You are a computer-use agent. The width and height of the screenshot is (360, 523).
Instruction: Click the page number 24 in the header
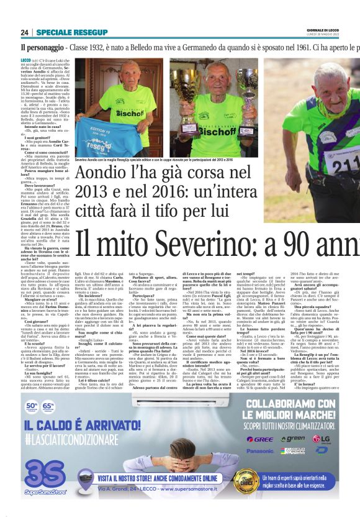click(25, 32)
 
